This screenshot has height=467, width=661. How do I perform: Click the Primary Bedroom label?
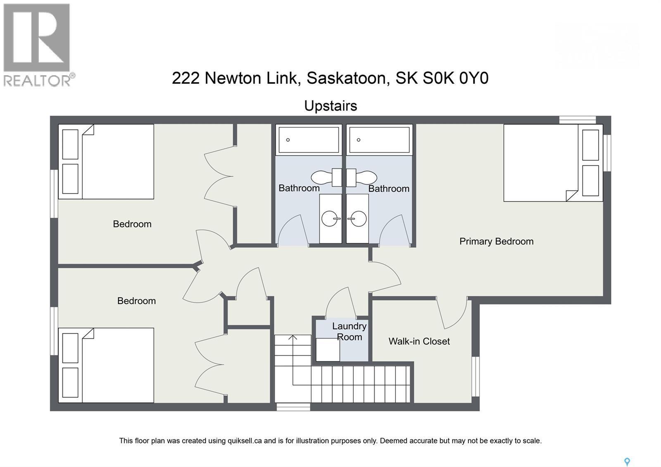point(496,241)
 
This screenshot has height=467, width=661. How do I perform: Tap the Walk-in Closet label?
point(419,341)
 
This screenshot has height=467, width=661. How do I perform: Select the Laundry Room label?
point(350,331)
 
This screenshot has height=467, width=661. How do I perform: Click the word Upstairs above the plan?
point(330,106)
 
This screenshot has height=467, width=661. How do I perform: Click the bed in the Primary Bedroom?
point(553,163)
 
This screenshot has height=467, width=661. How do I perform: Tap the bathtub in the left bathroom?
point(309,140)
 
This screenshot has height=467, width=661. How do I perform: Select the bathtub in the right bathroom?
point(379,140)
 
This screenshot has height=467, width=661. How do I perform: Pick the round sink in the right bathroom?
point(357,218)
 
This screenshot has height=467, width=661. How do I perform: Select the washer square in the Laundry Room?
point(328,350)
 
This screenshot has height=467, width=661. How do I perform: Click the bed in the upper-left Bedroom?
point(106,162)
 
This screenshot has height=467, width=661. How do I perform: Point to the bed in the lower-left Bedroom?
point(106,365)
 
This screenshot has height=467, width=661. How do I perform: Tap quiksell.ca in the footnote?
point(245,441)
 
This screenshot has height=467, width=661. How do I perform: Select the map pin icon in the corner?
point(627,462)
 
